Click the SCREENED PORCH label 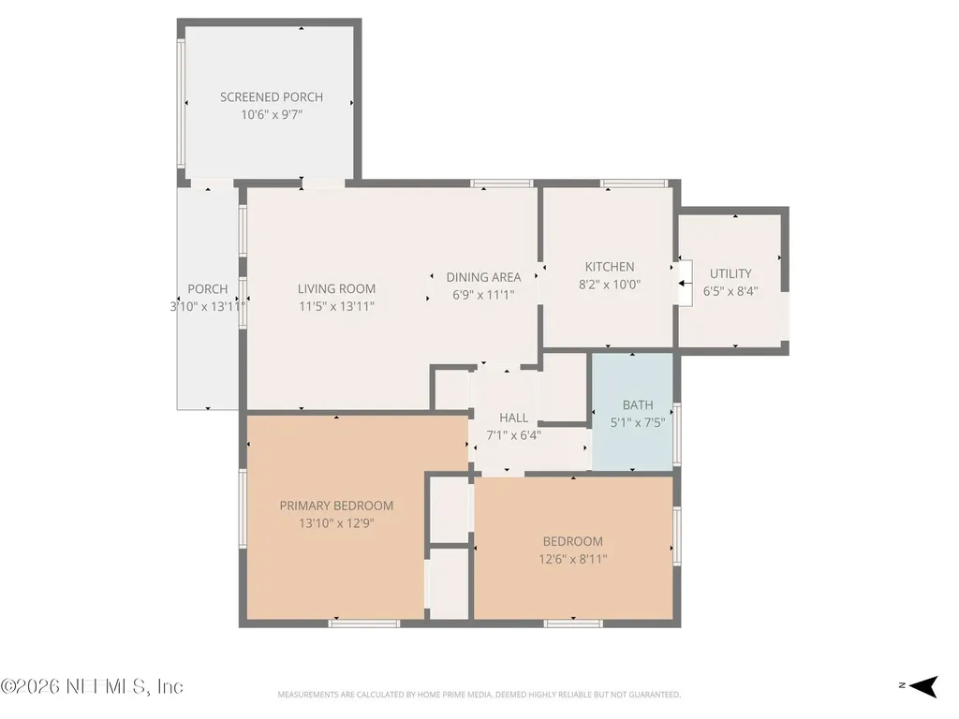click(272, 97)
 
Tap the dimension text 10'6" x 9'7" click(272, 114)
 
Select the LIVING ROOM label click(336, 289)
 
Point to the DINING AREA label click(483, 277)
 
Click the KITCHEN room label click(609, 267)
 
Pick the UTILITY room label click(730, 274)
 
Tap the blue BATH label click(637, 405)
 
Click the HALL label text click(514, 418)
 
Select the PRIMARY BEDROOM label click(336, 506)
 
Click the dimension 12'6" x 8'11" click(572, 559)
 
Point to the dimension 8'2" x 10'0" click(609, 285)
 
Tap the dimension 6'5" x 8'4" click(730, 291)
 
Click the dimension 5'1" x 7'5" click(637, 422)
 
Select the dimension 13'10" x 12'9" click(336, 523)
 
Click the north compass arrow click(923, 686)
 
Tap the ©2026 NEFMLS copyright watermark click(92, 686)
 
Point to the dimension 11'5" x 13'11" click(336, 306)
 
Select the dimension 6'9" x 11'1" click(483, 295)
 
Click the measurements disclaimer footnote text click(479, 695)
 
